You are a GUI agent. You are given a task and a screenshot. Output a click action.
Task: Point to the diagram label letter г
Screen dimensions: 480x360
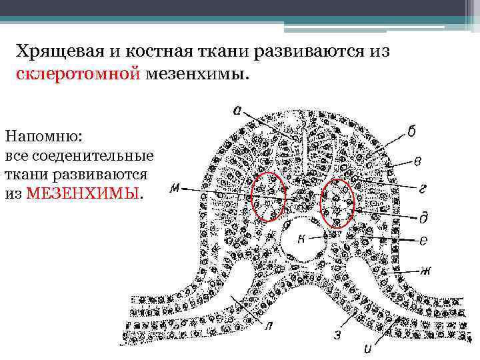[x=423, y=189]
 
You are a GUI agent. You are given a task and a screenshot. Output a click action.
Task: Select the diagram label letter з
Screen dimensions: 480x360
[x=338, y=335]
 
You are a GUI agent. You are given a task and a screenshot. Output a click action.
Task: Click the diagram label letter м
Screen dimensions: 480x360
[x=175, y=189]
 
